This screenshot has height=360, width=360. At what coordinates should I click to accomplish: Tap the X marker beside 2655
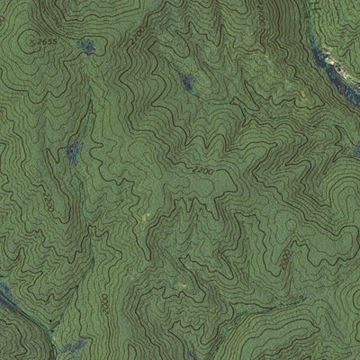(31, 40)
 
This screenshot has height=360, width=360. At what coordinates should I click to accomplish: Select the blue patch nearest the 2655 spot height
(86, 45)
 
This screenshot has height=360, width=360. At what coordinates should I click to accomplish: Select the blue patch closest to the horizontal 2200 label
(187, 84)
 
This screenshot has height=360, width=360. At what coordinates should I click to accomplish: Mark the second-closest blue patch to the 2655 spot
(74, 148)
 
